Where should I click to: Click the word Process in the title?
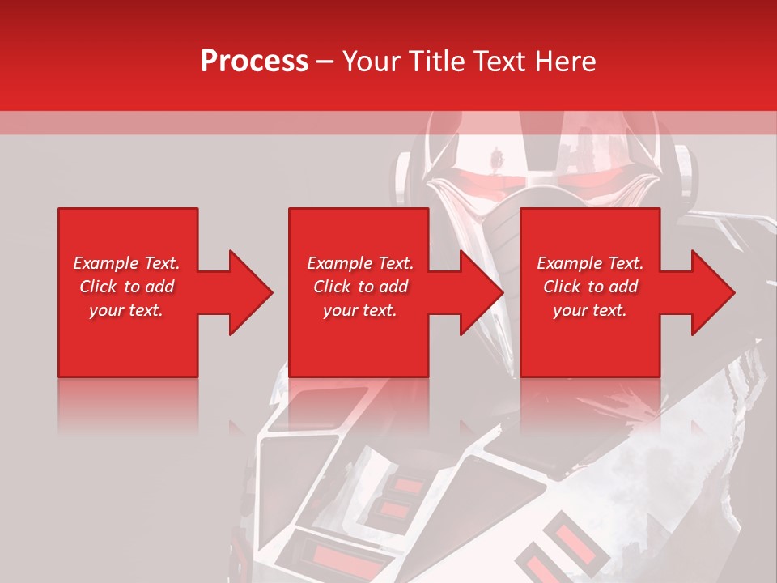pyautogui.click(x=254, y=62)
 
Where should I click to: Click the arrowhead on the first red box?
pyautogui.click(x=243, y=292)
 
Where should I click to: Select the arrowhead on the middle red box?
pyautogui.click(x=474, y=292)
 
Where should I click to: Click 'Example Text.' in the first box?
pyautogui.click(x=127, y=263)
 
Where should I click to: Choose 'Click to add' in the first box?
pyautogui.click(x=127, y=287)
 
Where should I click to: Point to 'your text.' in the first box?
pyautogui.click(x=127, y=310)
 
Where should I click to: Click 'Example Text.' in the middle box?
pyautogui.click(x=360, y=263)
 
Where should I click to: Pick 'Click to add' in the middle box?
pyautogui.click(x=360, y=287)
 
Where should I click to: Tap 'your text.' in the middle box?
pyautogui.click(x=360, y=310)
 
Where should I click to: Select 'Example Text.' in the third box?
pyautogui.click(x=590, y=263)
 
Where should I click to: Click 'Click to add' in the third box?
pyautogui.click(x=590, y=287)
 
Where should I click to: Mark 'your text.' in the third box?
pyautogui.click(x=590, y=310)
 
